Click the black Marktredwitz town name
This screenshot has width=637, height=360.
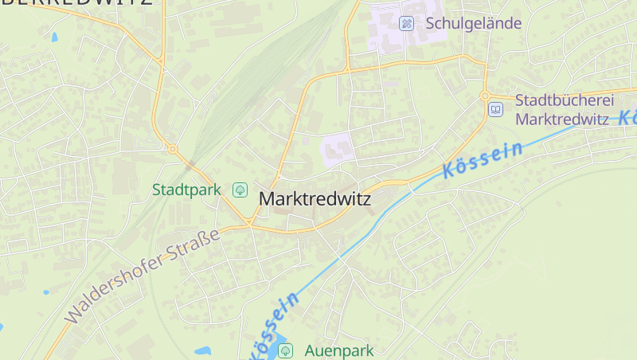tap(315, 198)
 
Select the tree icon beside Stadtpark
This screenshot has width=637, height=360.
tap(239, 190)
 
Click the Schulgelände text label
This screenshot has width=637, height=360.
tap(473, 23)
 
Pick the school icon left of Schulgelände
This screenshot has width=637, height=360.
tap(406, 23)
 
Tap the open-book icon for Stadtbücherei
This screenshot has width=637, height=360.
tap(496, 109)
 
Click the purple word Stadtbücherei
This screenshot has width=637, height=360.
tap(565, 100)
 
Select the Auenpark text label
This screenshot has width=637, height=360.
tap(338, 350)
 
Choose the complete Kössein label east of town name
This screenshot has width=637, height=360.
tap(483, 158)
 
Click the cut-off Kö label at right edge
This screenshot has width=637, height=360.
tap(627, 116)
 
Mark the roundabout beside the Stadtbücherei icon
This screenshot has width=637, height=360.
tap(485, 96)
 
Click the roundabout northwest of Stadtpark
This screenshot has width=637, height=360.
tap(172, 148)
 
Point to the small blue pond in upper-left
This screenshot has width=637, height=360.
tap(54, 37)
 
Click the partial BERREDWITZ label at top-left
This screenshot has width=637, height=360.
tap(76, 3)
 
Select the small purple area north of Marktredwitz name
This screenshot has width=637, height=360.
tap(338, 149)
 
